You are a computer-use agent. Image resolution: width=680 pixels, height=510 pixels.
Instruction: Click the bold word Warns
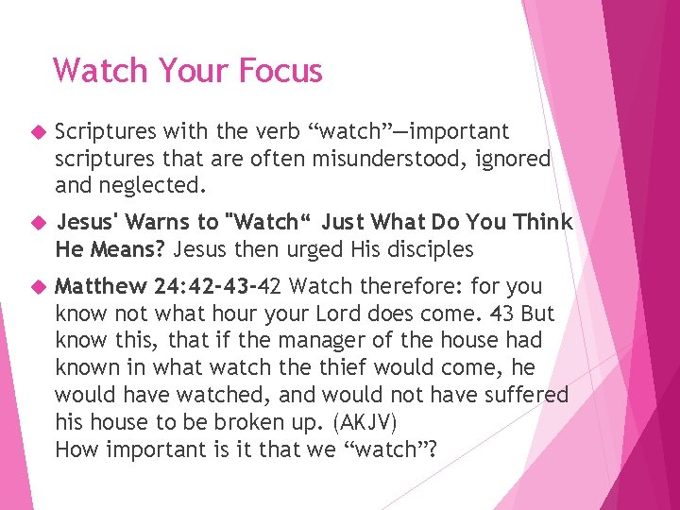click(x=164, y=223)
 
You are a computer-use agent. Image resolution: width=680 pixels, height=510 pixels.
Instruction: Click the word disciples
click(x=425, y=249)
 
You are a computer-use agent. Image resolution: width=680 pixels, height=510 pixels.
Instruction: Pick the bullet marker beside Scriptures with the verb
click(x=39, y=132)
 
